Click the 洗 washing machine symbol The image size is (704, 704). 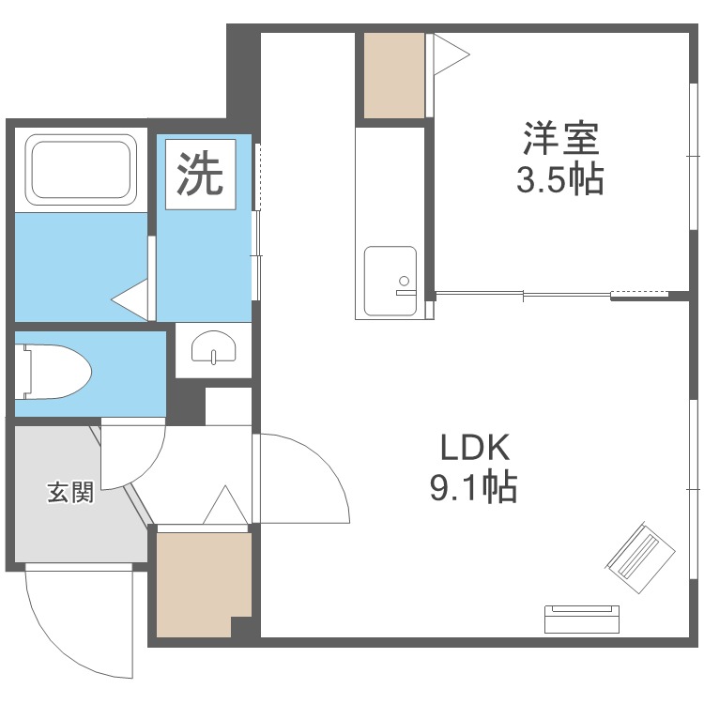[200, 176]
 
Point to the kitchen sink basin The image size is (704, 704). [390, 280]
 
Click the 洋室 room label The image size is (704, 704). [560, 140]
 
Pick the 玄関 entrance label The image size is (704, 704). [70, 492]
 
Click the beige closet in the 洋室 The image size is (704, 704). [394, 75]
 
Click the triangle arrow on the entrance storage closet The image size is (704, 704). [225, 507]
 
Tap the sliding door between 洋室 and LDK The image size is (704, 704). [526, 296]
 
